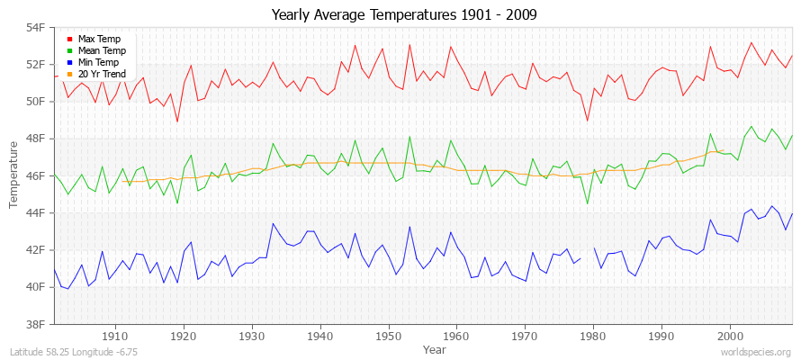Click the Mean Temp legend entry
pos(100,50)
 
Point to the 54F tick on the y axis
pos(34,27)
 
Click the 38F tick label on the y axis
pos(34,324)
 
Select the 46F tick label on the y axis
pos(34,175)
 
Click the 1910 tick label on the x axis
pos(115,337)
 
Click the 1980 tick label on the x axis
pos(593,337)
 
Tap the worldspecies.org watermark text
pos(755,353)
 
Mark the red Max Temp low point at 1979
pos(587,121)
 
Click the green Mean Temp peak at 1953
pos(409,137)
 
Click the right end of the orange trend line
pos(724,150)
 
